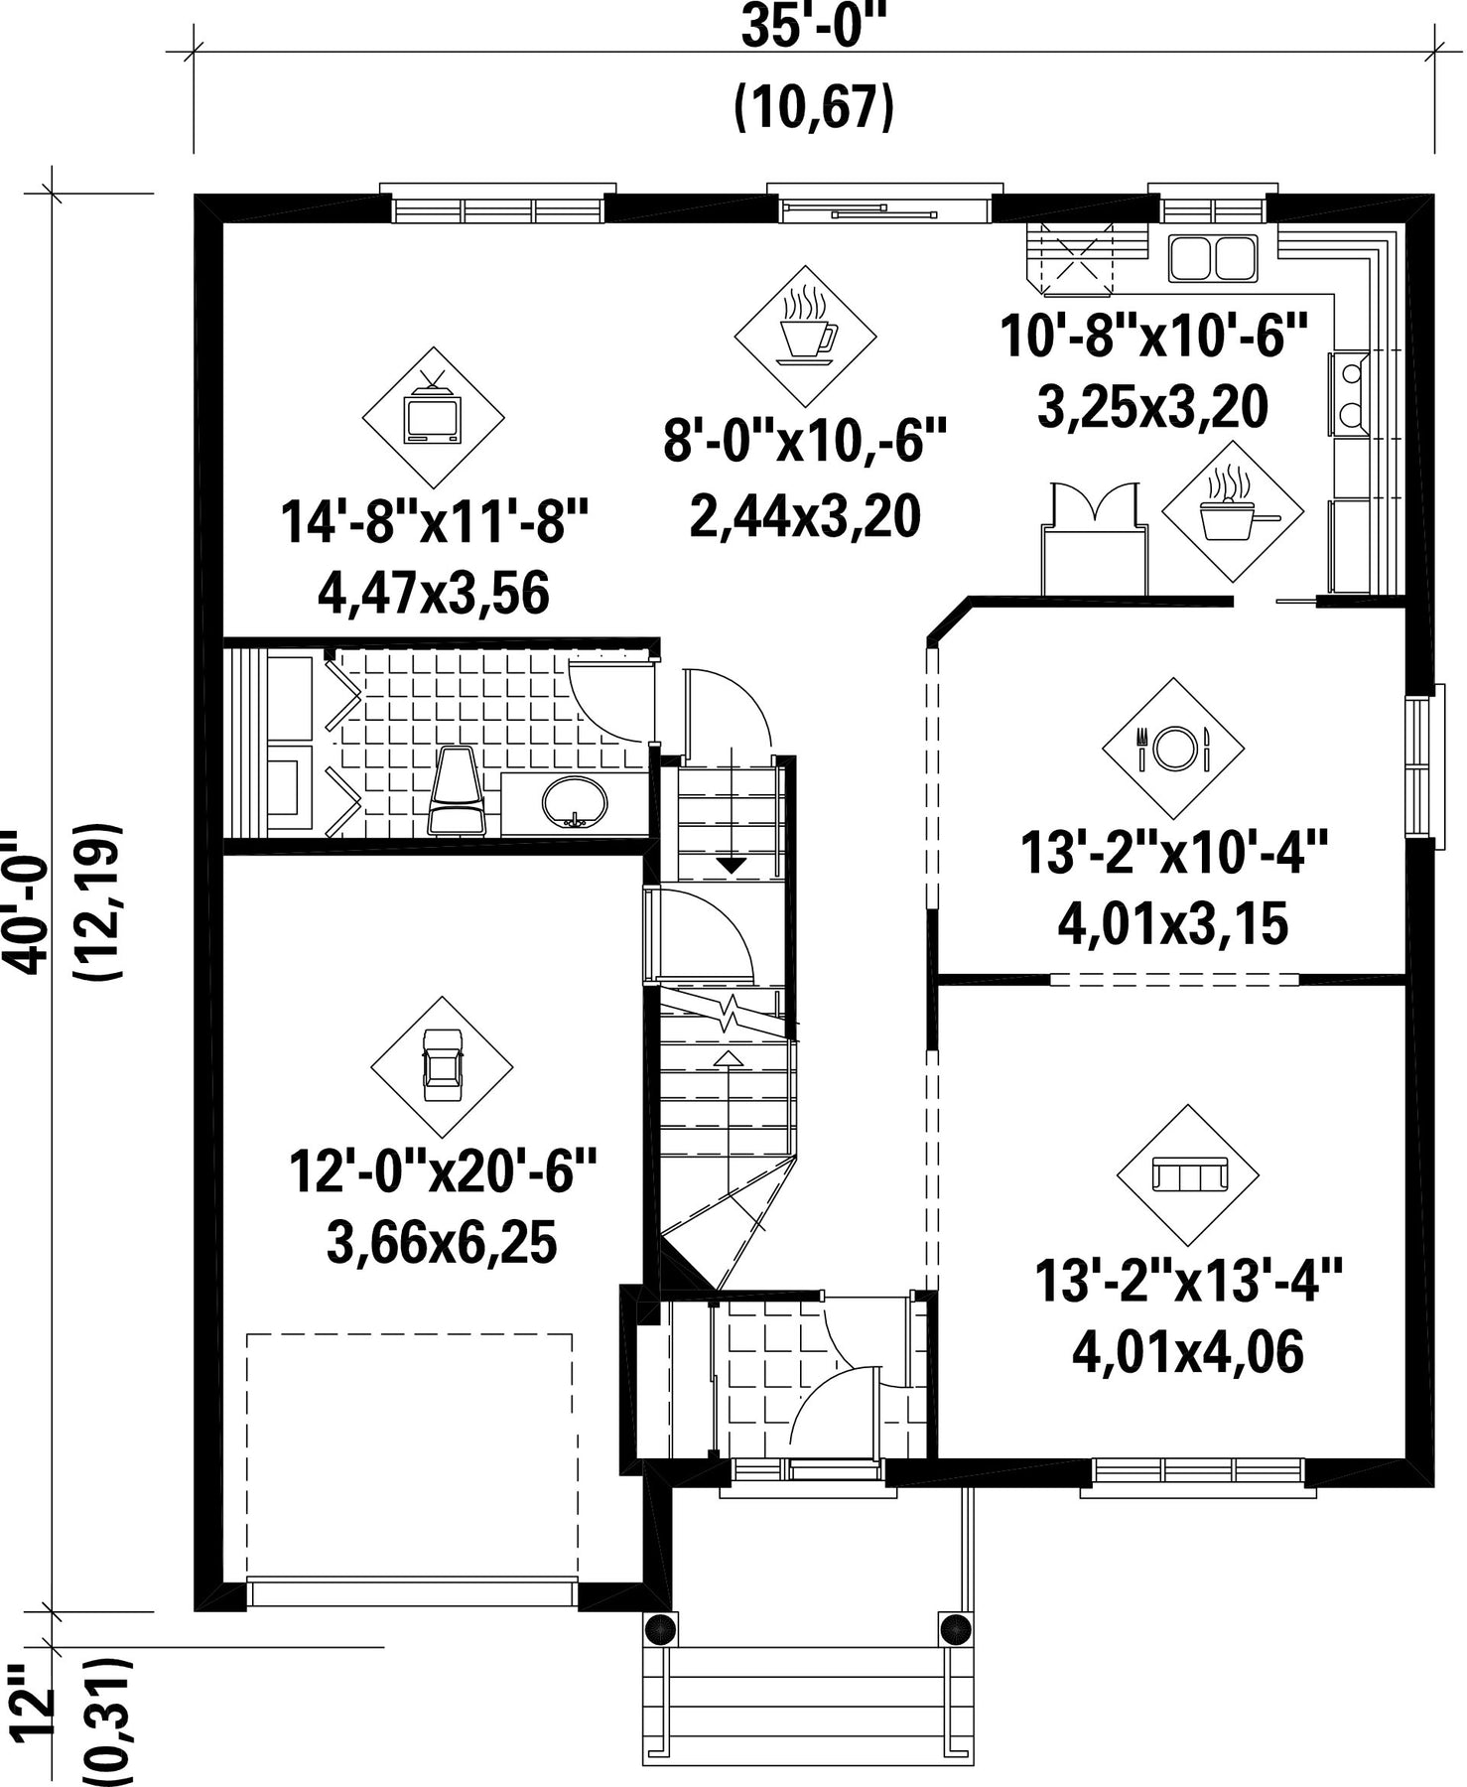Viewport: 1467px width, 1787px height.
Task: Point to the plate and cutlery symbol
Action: [x=1173, y=748]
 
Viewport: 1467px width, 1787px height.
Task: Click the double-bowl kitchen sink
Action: [x=1212, y=257]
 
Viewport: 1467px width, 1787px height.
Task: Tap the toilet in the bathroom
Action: [x=457, y=791]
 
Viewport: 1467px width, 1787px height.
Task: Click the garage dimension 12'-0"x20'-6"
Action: [x=443, y=1172]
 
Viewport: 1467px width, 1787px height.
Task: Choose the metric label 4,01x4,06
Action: [x=1188, y=1351]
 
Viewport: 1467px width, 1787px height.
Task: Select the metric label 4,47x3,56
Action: [x=434, y=594]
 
